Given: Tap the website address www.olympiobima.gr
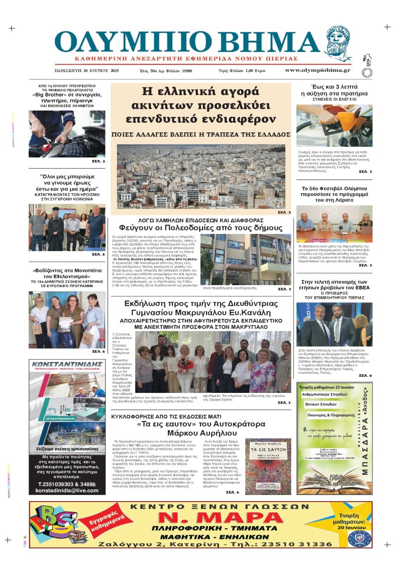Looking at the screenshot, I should click(311, 70).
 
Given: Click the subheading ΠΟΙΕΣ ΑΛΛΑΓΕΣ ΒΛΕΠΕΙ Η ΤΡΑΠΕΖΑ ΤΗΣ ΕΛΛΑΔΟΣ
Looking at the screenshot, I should click(201, 135).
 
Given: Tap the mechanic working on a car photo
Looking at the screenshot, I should click(67, 134).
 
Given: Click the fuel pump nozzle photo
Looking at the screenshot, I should click(334, 126).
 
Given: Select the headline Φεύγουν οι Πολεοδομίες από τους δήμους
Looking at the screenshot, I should click(200, 227).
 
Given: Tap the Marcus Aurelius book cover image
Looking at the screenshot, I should click(267, 465).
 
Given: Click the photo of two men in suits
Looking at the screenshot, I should click(334, 324).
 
